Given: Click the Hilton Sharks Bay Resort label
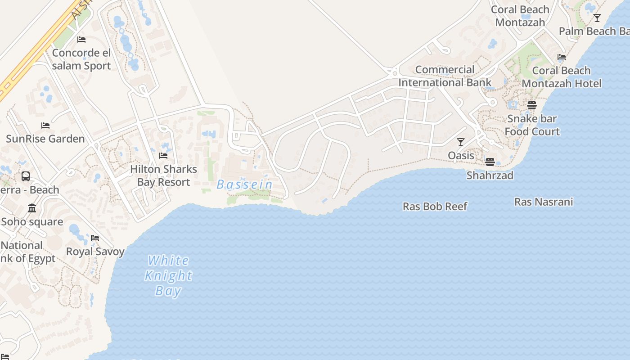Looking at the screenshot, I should point(163,175).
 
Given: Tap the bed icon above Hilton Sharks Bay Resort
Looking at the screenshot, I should point(163,156).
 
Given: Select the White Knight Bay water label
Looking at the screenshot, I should point(168,275).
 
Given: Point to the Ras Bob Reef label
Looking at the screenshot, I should point(435,207).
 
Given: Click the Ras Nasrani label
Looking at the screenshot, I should point(544,202).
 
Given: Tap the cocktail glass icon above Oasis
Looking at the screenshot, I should point(461,142).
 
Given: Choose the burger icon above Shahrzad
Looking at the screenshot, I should point(490,162).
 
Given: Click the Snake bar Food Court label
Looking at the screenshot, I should point(532,125).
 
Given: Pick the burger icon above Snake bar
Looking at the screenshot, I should point(532,105).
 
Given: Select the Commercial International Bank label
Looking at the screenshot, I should point(445,76).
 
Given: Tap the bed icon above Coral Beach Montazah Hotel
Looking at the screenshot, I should point(562,57).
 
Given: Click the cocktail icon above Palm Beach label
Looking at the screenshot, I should point(597,18).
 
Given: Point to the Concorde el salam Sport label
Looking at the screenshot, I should point(81,59).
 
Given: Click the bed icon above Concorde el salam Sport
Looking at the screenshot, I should point(81,40).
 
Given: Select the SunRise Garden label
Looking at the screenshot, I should point(45,139).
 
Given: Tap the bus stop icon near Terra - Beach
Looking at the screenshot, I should point(26,176).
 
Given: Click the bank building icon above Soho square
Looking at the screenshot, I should point(32,208).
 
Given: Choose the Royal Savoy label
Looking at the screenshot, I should point(95,252).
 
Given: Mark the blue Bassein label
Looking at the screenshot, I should point(244,184).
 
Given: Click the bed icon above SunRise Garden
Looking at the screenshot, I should point(45,125).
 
